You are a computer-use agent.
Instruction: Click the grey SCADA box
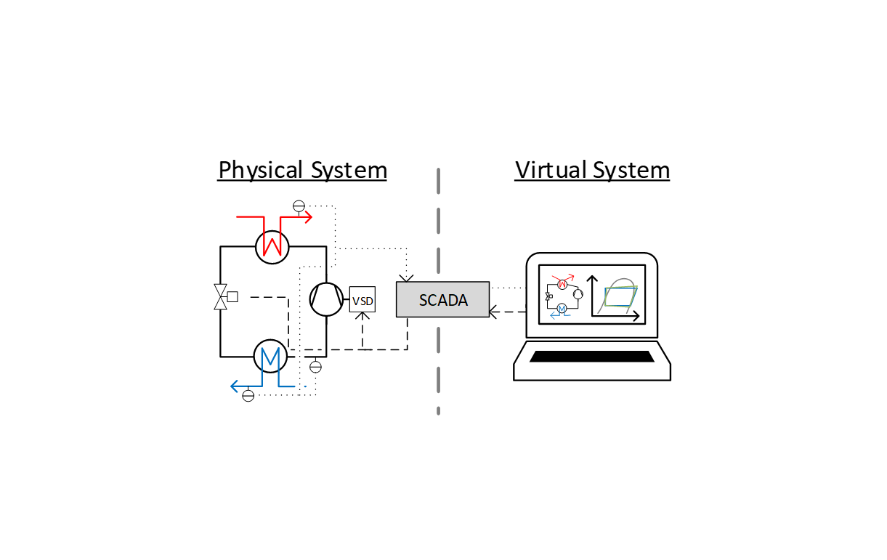click(x=442, y=300)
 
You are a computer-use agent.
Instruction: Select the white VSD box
click(x=363, y=299)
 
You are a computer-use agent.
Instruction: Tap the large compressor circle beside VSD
click(x=326, y=299)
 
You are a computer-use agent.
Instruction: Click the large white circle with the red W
click(x=272, y=246)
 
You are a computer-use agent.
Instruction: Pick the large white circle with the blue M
click(x=270, y=356)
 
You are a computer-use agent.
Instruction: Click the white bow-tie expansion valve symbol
click(x=220, y=297)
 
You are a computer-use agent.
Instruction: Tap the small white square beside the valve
click(x=232, y=296)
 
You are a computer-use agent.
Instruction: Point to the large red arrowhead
click(x=308, y=216)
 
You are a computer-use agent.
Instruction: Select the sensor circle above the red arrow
click(x=299, y=206)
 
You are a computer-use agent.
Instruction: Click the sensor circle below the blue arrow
click(x=248, y=396)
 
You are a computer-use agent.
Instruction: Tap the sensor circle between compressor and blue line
click(x=315, y=367)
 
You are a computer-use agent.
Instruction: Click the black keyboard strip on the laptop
click(x=591, y=357)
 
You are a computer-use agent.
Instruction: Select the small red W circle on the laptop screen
click(x=562, y=283)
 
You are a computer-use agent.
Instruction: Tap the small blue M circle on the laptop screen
click(x=562, y=309)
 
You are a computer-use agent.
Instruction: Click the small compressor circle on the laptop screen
click(x=578, y=294)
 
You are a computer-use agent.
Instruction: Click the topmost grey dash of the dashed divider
click(x=439, y=180)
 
